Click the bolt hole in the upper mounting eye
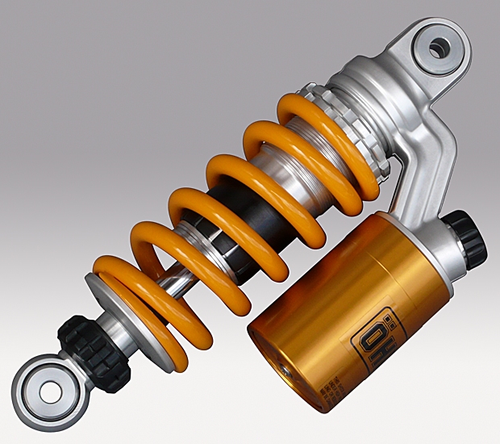click(437, 48)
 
